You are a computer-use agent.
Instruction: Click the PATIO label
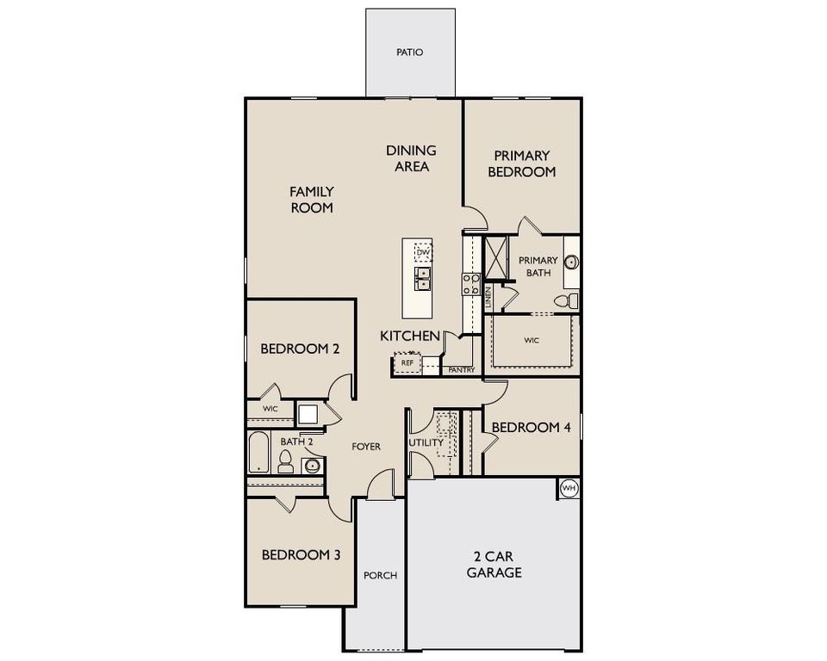(x=409, y=53)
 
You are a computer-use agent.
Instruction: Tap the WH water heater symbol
(x=569, y=488)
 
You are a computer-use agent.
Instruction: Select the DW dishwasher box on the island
(x=421, y=252)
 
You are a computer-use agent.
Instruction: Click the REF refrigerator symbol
(x=407, y=363)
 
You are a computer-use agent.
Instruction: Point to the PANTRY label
(x=462, y=370)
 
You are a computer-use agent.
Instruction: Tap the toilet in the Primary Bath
(x=564, y=301)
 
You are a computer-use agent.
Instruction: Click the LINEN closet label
(x=488, y=297)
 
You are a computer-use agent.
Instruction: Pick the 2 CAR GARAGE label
(x=494, y=564)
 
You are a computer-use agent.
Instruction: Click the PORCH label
(x=380, y=575)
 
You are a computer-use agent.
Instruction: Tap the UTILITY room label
(x=426, y=442)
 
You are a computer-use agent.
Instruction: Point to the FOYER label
(x=366, y=447)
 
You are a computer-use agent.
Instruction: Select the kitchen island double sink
(x=422, y=278)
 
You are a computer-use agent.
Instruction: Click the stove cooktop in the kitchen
(x=471, y=284)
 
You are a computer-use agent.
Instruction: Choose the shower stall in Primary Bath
(x=497, y=256)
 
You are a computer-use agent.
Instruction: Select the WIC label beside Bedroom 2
(x=270, y=408)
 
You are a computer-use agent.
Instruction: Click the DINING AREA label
(x=412, y=158)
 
